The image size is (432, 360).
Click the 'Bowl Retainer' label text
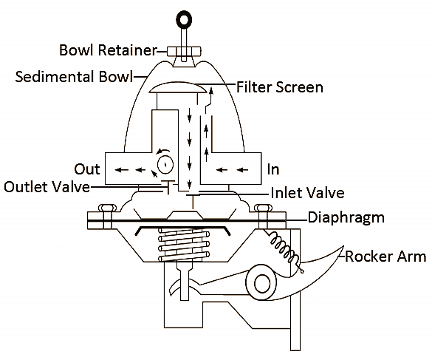tap(109, 51)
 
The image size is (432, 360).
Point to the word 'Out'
tap(86, 169)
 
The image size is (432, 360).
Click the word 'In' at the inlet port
tap(273, 169)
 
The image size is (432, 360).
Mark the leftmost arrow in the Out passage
tap(118, 169)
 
